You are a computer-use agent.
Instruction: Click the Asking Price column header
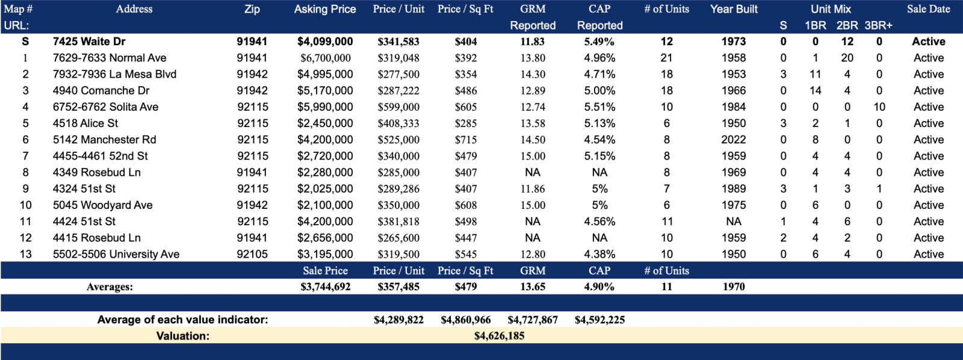tap(325, 9)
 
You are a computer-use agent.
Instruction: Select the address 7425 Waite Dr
tap(89, 42)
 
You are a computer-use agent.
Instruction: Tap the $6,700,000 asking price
tap(325, 58)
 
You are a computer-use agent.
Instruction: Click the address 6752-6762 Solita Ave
tap(105, 107)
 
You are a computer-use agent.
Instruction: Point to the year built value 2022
tap(734, 140)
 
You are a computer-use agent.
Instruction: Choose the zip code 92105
tap(252, 254)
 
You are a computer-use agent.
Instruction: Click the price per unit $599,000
tap(398, 107)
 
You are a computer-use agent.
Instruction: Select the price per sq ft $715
tap(466, 140)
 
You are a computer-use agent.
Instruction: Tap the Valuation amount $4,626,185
tap(499, 336)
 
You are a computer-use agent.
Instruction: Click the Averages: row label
tap(110, 287)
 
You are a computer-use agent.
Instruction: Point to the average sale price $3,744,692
tap(325, 287)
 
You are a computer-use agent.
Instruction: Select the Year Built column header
tap(734, 9)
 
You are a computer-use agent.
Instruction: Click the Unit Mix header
tap(831, 9)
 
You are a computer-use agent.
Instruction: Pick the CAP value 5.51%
tap(599, 107)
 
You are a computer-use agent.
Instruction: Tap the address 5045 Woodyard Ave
tap(102, 205)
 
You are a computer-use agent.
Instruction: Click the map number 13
tap(25, 254)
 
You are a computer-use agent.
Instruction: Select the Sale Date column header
tap(928, 9)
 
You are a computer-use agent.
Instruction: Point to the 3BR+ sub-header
tap(878, 25)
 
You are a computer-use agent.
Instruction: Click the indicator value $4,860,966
tap(466, 320)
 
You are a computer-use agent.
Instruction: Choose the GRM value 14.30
tap(533, 74)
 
